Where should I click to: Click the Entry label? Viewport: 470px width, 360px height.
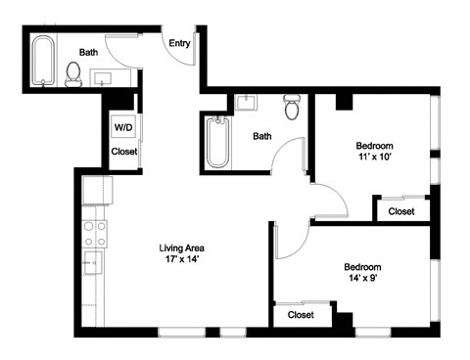(x=179, y=43)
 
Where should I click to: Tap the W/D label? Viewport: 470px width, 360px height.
(x=123, y=127)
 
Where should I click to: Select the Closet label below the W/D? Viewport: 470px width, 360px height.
(x=124, y=152)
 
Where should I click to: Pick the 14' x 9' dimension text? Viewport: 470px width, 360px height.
(x=361, y=280)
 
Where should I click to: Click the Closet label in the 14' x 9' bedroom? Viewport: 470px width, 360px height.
(x=301, y=315)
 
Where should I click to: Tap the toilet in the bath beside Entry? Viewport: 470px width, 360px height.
(x=72, y=73)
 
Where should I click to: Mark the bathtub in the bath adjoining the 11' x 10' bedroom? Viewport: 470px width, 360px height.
(x=216, y=143)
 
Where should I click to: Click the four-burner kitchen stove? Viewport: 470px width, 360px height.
(x=95, y=233)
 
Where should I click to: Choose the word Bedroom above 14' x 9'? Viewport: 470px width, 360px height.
(x=361, y=266)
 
